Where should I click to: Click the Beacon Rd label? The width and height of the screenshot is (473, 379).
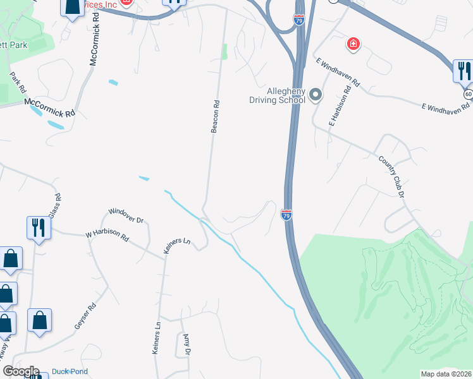pyautogui.click(x=215, y=117)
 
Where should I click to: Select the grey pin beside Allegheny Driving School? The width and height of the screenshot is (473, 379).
pyautogui.click(x=316, y=96)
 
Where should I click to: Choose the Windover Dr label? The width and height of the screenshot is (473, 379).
pyautogui.click(x=126, y=215)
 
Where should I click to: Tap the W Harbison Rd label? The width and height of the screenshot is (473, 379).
pyautogui.click(x=107, y=236)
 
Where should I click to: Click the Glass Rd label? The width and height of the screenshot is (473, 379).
pyautogui.click(x=56, y=205)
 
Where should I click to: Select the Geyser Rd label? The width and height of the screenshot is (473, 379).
pyautogui.click(x=85, y=316)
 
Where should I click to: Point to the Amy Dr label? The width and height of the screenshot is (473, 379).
pyautogui.click(x=186, y=344)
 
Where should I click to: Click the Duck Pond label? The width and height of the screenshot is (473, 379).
pyautogui.click(x=70, y=371)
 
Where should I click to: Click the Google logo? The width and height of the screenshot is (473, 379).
pyautogui.click(x=20, y=371)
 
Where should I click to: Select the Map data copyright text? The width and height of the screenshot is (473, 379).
pyautogui.click(x=446, y=374)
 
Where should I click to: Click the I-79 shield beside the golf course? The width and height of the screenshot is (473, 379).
pyautogui.click(x=286, y=215)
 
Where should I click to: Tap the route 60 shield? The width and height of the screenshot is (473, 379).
pyautogui.click(x=468, y=93)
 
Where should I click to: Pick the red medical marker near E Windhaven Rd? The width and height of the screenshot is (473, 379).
pyautogui.click(x=353, y=44)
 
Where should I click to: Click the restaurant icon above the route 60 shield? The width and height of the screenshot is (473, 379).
pyautogui.click(x=463, y=70)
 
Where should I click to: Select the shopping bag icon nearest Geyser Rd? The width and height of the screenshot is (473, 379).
pyautogui.click(x=40, y=320)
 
